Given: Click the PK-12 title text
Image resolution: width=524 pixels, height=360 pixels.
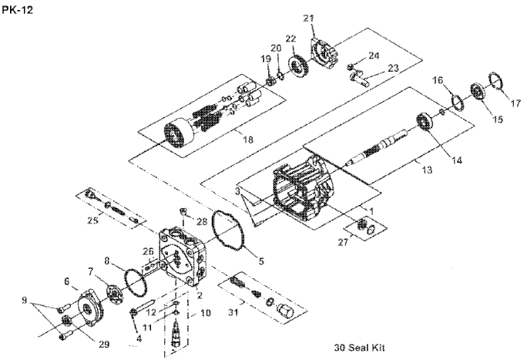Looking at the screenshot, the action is click(18, 10).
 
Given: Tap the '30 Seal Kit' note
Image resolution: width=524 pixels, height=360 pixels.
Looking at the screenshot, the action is click(359, 348).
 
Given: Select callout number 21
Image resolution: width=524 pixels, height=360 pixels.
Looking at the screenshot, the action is click(309, 19).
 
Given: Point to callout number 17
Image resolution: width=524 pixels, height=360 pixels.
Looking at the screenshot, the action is click(516, 103).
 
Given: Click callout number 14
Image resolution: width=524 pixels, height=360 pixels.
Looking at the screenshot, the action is click(457, 160).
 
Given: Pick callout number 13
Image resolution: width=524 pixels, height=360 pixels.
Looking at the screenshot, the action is click(427, 170).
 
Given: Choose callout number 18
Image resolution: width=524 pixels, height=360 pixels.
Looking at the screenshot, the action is click(248, 140).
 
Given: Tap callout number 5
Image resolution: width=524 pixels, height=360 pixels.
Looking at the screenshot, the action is click(261, 261).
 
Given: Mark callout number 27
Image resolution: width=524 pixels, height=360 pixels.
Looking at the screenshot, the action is click(343, 242).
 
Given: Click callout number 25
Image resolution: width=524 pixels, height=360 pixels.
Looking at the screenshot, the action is click(93, 220).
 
